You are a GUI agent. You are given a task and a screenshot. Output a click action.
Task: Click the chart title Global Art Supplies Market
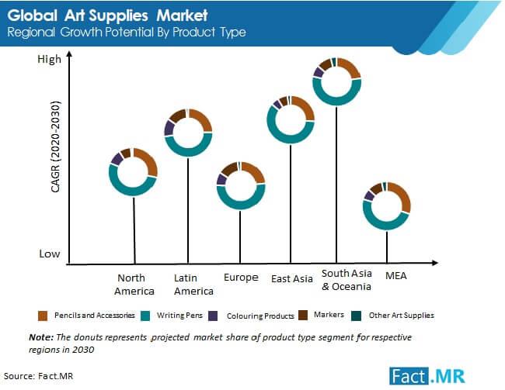click(108, 14)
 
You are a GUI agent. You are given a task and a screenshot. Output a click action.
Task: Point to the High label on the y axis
click(49, 60)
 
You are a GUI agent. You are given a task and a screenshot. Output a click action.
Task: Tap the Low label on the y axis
click(50, 254)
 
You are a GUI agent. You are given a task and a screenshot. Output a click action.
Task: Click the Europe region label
click(240, 278)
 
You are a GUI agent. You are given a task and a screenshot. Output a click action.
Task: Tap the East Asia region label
click(291, 278)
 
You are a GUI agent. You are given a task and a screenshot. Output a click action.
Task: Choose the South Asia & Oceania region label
click(347, 280)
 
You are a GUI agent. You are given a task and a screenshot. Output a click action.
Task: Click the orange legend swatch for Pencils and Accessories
click(44, 316)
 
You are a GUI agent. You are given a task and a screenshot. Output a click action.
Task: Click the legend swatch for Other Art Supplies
click(356, 316)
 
